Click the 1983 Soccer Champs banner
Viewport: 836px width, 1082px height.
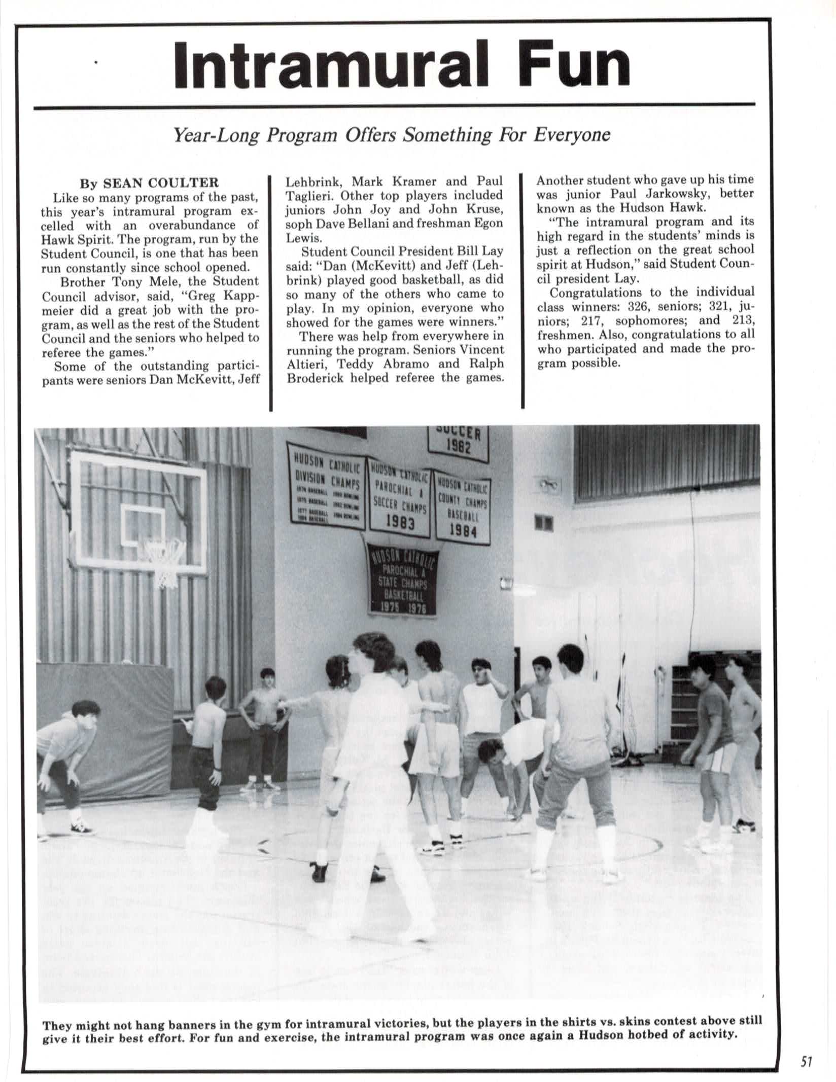tap(400, 498)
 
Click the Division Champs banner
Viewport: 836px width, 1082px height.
tap(326, 485)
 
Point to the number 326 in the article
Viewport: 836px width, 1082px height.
tap(639, 306)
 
